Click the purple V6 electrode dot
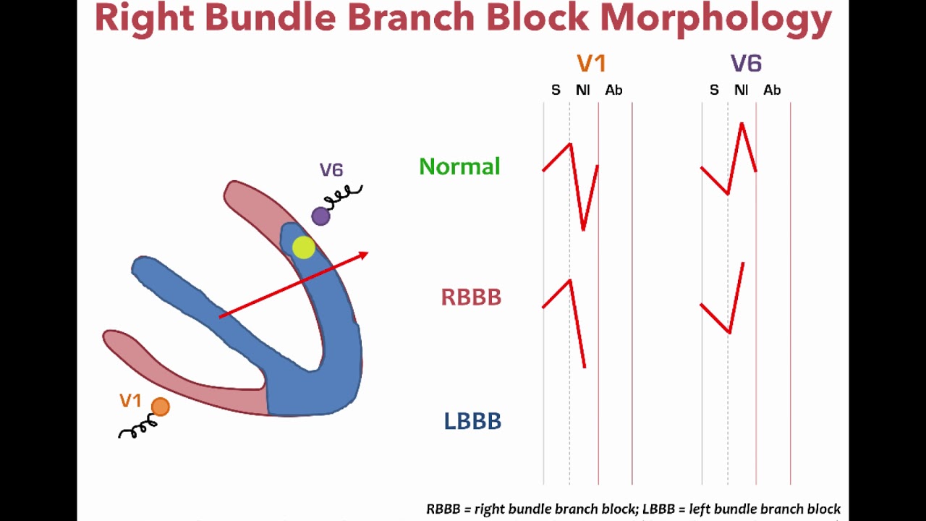coord(320,216)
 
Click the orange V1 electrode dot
coord(161,407)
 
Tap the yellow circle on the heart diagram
coord(303,248)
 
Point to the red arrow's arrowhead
coord(363,255)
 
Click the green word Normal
coord(459,166)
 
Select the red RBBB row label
coord(471,297)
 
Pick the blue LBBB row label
coord(472,421)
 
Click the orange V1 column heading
coord(591,64)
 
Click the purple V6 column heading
coord(746,64)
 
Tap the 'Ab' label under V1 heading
coord(613,90)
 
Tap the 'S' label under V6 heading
coord(714,90)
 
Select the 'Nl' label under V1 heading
coord(582,90)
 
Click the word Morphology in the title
coord(716,19)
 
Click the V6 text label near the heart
coord(331,170)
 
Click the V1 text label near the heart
coord(130,401)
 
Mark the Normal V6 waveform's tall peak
coord(742,126)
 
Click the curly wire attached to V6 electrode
coord(344,195)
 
